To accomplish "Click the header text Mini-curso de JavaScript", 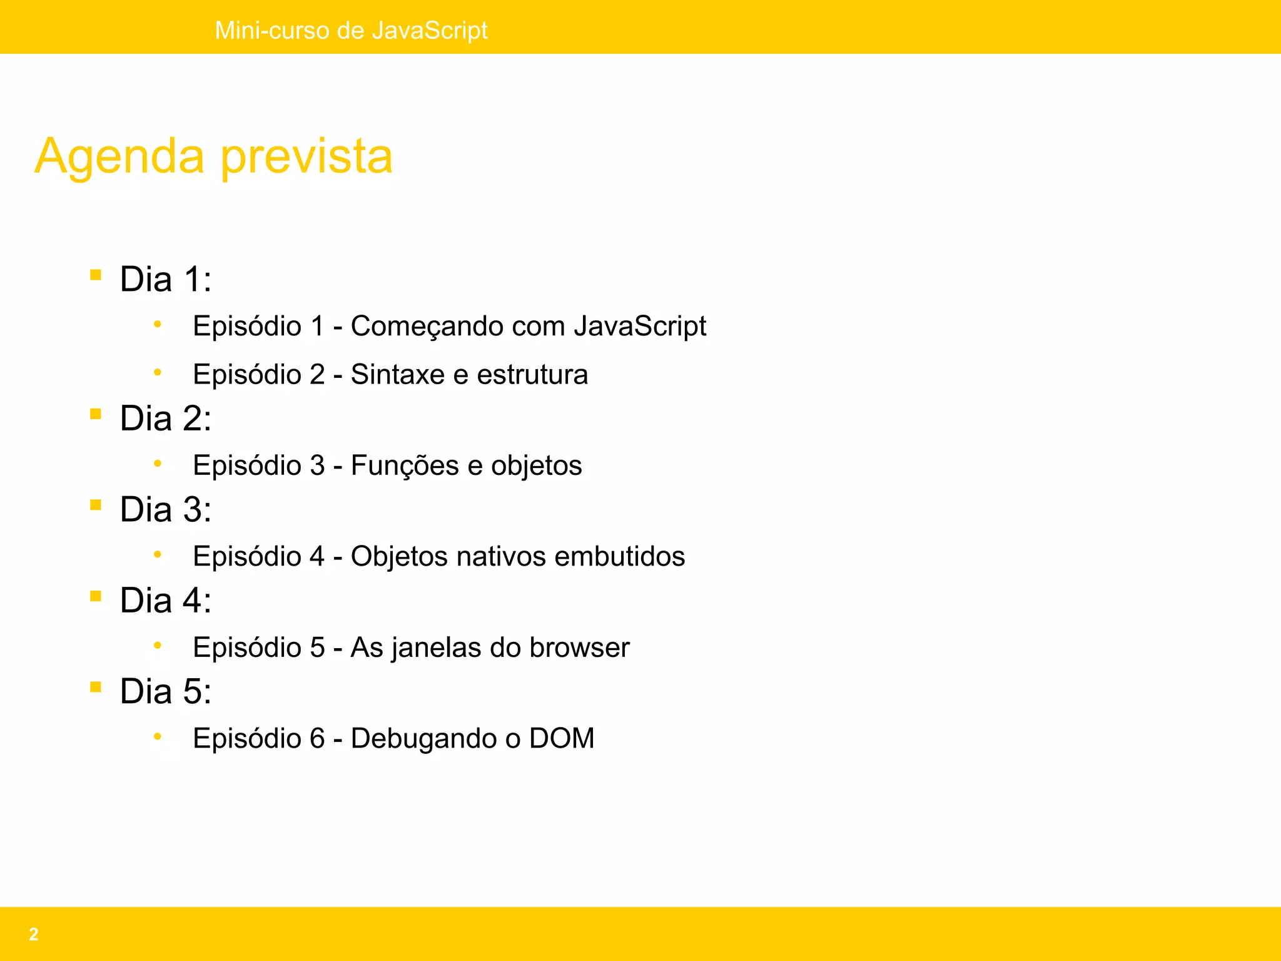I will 351,30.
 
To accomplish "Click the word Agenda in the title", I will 119,156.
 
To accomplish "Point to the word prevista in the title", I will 306,156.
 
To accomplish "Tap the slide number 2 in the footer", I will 34,934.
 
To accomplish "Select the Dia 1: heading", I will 165,279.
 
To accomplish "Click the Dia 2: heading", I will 165,419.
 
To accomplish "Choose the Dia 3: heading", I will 165,509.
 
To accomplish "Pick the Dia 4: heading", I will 165,601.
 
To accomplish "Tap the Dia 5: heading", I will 165,691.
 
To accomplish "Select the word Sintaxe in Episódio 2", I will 397,375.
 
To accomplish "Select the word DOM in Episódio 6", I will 562,738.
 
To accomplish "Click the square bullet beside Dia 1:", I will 96,275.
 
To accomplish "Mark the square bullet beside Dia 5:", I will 96,687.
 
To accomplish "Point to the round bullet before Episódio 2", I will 158,373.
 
